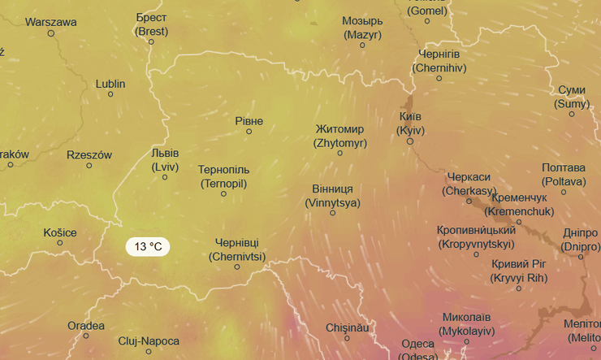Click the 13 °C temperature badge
[x=148, y=246]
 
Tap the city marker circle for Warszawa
[x=51, y=33]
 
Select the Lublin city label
[x=110, y=83]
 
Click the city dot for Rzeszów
[x=89, y=166]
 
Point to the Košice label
[x=60, y=232]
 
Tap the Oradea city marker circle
[x=86, y=336]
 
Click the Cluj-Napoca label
[x=149, y=341]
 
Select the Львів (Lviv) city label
[x=165, y=159]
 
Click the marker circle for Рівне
[x=249, y=132]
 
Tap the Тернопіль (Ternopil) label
[x=223, y=176]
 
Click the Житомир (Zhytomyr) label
[x=340, y=136]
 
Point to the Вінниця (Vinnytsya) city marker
[x=332, y=213]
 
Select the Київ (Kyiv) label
[x=411, y=123]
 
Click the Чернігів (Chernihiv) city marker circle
[x=439, y=78]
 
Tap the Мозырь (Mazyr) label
[x=362, y=28]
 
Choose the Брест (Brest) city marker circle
[x=151, y=42]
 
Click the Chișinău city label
[x=348, y=327]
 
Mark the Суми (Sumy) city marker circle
[x=572, y=114]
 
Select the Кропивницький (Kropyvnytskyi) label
[x=476, y=236]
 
